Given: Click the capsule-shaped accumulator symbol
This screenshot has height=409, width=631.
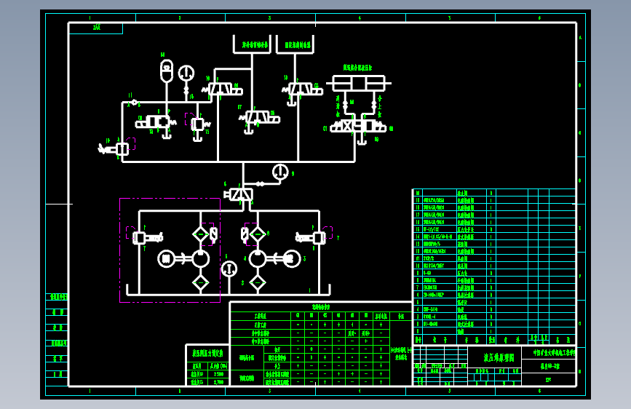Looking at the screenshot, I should [x=166, y=71].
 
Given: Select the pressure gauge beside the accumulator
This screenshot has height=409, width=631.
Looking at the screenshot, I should [x=186, y=73].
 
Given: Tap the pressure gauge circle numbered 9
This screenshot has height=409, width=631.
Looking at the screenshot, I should [x=280, y=172].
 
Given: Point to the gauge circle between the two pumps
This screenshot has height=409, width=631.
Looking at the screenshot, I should [x=229, y=269].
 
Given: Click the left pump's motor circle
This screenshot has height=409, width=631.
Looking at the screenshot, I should [x=167, y=258].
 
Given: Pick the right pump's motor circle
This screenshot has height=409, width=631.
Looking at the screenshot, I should [x=292, y=258].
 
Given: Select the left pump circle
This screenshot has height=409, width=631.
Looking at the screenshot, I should [x=200, y=258].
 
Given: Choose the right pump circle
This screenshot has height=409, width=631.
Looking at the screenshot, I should [x=258, y=258].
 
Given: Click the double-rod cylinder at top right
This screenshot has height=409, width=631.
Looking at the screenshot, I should [x=358, y=83].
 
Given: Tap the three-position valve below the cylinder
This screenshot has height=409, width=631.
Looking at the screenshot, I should [x=358, y=126].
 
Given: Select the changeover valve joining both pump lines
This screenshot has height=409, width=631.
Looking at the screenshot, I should [x=241, y=194].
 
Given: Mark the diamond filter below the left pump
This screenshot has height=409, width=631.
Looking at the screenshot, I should [x=200, y=282].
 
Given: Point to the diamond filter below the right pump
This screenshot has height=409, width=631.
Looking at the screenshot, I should [x=258, y=282].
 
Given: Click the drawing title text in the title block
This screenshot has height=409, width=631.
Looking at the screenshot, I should [x=499, y=357].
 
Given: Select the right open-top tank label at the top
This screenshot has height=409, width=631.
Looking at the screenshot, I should [x=298, y=44].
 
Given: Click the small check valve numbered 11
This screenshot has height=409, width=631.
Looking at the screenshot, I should [x=135, y=102].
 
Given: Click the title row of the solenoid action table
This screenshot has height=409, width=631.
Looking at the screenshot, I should [x=321, y=307].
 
